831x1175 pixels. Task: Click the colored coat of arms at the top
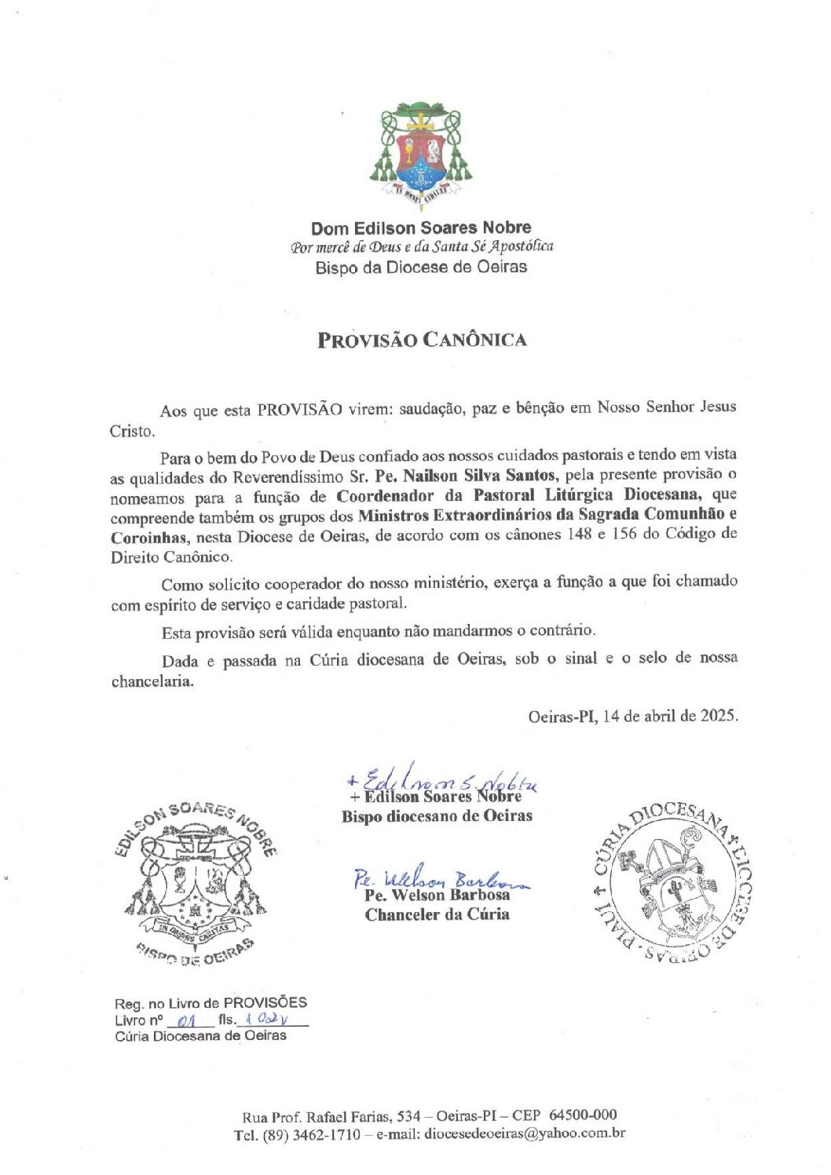[x=420, y=155]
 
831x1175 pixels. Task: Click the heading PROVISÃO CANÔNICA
[x=422, y=340]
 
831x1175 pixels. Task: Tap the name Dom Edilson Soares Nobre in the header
[x=421, y=228]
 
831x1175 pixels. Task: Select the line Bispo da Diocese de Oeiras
[x=421, y=268]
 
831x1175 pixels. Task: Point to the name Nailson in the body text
[x=430, y=476]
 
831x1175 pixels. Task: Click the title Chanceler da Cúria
[x=437, y=914]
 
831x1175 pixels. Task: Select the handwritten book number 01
[x=187, y=1021]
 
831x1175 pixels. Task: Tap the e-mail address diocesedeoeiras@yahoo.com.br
[x=524, y=1134]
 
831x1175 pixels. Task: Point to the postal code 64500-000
[x=582, y=1115]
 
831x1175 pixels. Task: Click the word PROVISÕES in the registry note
[x=265, y=1003]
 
